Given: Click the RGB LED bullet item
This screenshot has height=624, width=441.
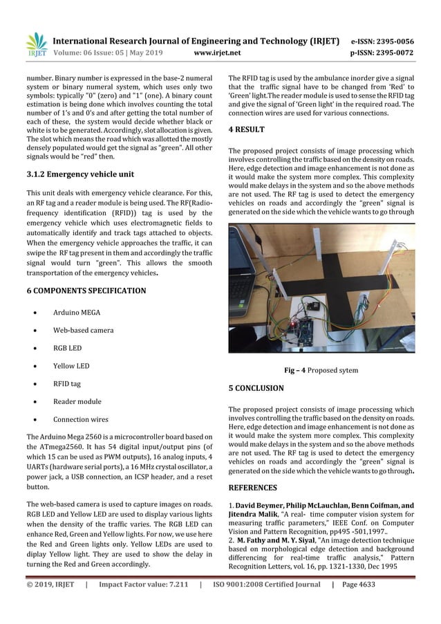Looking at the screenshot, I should (69, 348).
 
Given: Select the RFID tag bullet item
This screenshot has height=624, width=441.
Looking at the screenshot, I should (69, 383).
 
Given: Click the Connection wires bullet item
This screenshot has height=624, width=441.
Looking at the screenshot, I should (81, 419).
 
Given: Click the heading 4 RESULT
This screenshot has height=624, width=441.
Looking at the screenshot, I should (246, 129).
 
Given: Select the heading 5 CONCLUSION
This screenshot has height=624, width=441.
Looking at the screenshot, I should (256, 388).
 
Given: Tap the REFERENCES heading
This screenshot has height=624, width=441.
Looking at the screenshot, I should (254, 488).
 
